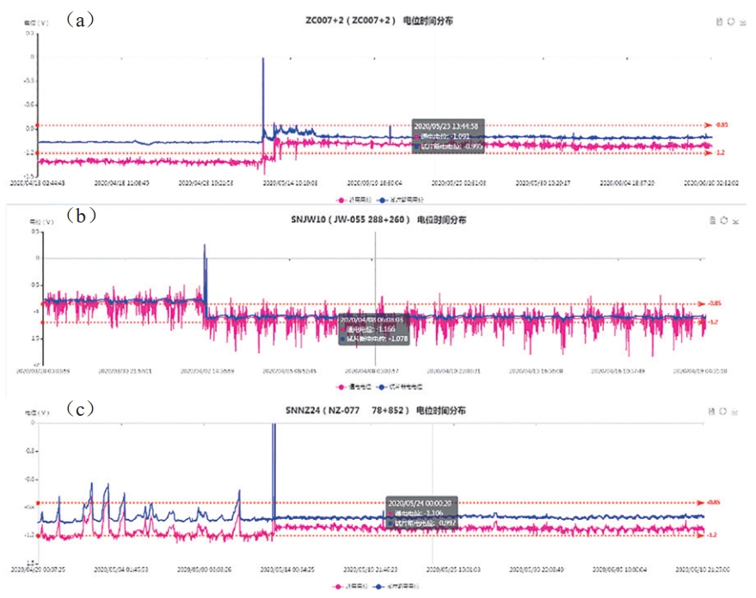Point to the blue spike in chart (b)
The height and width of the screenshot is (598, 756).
point(205,266)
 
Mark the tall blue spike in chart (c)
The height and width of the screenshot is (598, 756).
point(274,464)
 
